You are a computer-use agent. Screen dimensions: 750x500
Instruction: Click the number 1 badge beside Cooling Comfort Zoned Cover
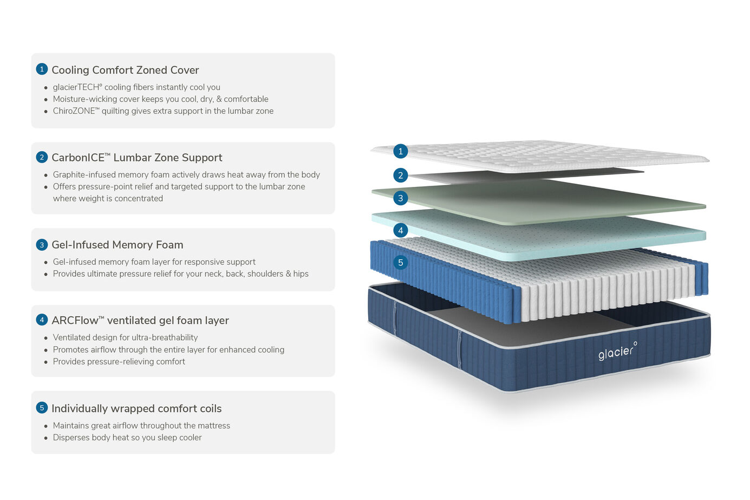(x=42, y=69)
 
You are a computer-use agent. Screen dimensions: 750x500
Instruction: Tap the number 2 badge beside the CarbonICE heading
(x=42, y=157)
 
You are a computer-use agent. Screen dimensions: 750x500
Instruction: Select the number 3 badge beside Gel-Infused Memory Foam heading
(x=42, y=245)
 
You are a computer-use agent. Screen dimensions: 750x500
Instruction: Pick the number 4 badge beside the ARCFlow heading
(x=42, y=320)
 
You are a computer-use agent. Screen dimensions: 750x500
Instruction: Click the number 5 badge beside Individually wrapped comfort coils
(x=42, y=408)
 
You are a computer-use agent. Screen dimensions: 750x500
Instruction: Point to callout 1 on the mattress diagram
(x=400, y=151)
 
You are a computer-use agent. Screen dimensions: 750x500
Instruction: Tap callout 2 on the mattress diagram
(x=400, y=175)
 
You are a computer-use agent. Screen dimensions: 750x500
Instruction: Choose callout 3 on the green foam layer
(x=400, y=198)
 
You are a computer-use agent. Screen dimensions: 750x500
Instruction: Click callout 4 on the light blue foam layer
(x=400, y=230)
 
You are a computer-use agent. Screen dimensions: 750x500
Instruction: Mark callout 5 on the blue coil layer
(x=400, y=263)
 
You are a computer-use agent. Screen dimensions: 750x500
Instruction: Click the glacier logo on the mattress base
(x=618, y=352)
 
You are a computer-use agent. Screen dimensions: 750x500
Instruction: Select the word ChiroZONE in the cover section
(x=76, y=111)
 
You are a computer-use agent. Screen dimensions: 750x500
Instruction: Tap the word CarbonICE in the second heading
(x=81, y=158)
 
